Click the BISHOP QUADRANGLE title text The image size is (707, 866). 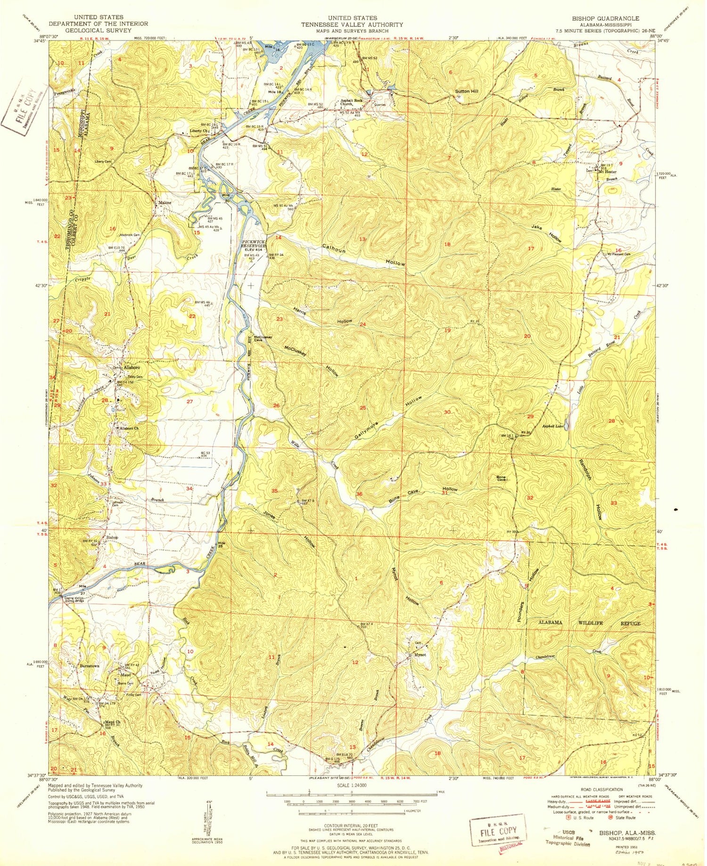(605, 18)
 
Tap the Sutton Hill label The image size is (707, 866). (466, 91)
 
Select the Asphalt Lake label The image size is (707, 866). (552, 426)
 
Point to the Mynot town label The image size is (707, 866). (420, 655)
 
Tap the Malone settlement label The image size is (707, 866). (164, 203)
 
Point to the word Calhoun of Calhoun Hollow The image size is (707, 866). (334, 248)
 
